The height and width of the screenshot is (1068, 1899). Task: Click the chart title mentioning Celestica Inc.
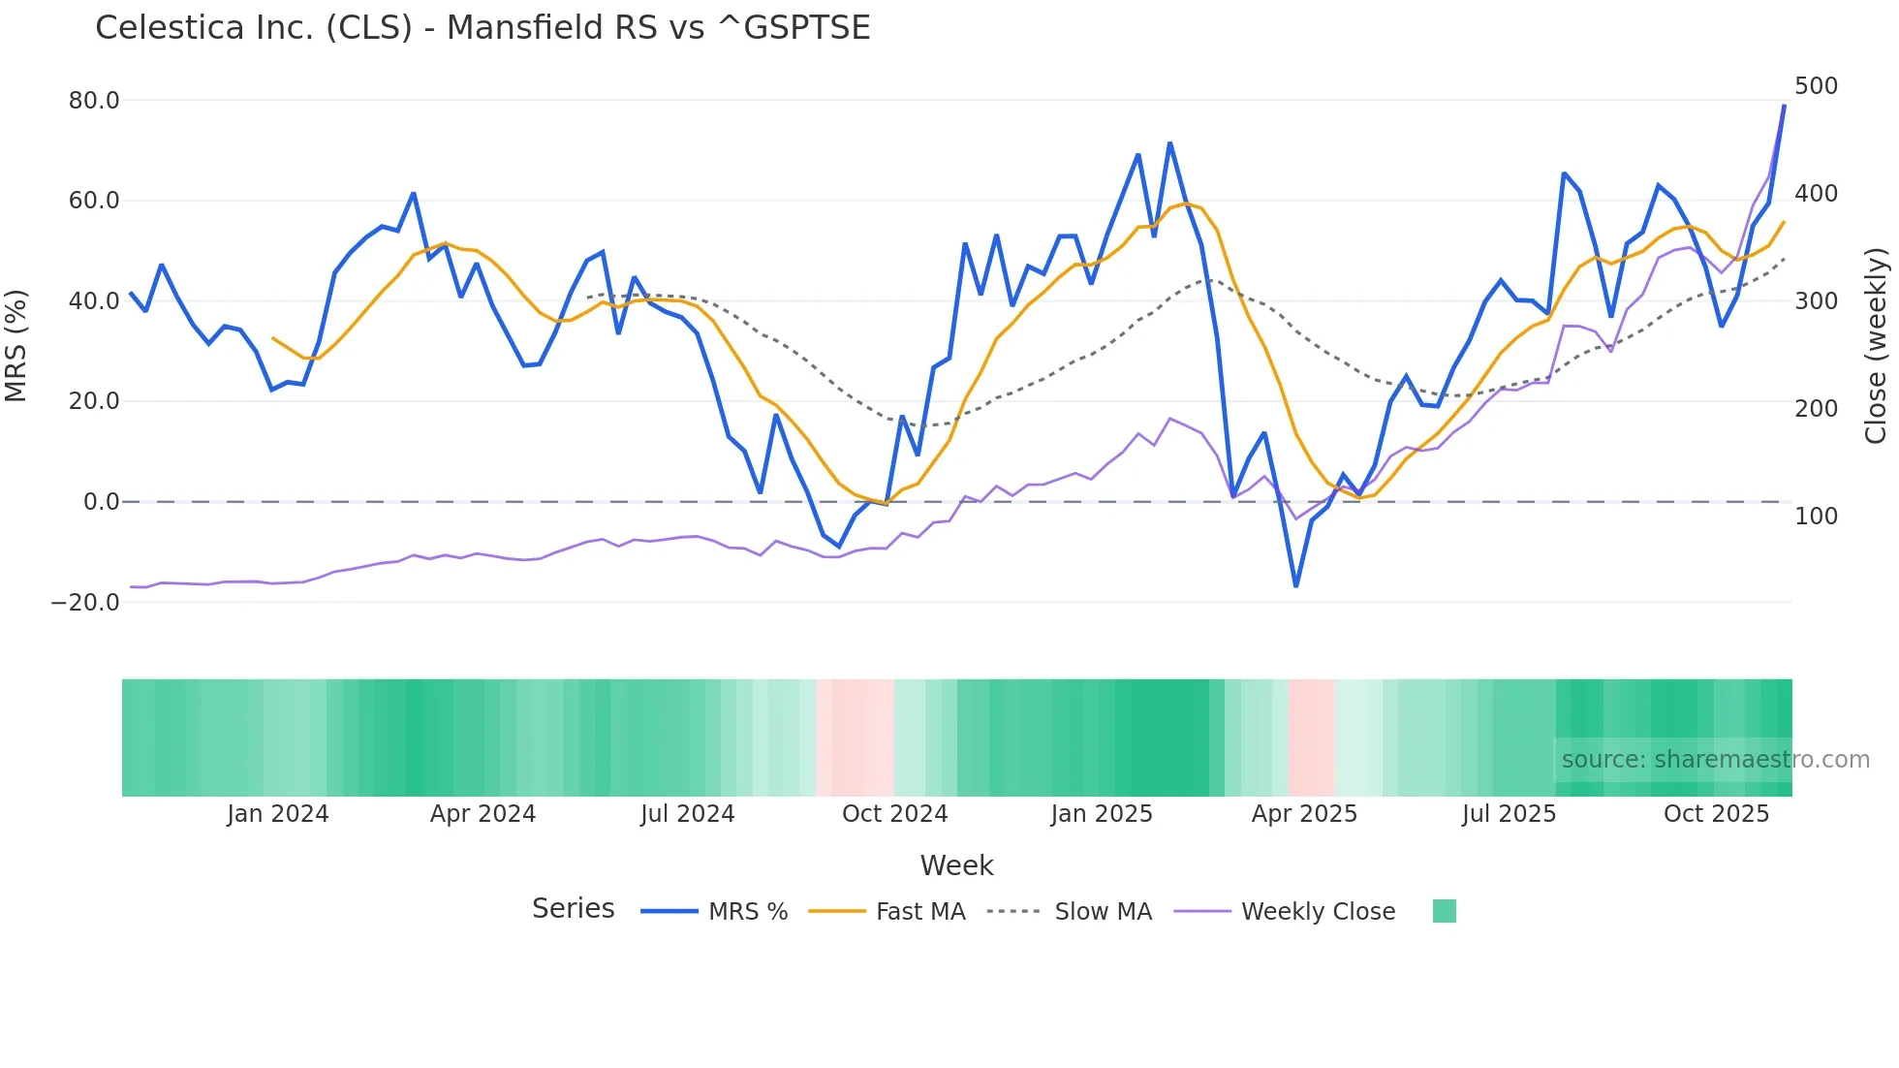(x=483, y=28)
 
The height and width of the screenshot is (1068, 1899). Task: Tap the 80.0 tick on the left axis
(x=94, y=101)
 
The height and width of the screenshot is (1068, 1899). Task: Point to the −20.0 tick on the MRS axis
(x=85, y=602)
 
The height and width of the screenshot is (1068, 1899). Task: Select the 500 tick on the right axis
(x=1816, y=86)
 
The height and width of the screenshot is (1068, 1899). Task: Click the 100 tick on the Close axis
(x=1816, y=517)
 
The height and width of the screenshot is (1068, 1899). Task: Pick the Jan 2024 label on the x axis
(x=278, y=814)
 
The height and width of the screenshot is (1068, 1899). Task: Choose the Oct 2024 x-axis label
(x=894, y=814)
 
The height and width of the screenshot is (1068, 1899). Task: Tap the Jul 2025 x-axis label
(x=1509, y=814)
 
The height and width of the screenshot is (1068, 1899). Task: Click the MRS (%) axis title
(x=16, y=345)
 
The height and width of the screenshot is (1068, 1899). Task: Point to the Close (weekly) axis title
(x=1876, y=345)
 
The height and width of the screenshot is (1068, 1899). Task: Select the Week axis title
(x=956, y=865)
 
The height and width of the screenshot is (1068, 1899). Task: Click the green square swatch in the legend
(x=1444, y=911)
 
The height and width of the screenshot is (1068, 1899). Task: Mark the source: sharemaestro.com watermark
(x=1715, y=760)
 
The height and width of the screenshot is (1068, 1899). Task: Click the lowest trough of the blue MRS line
(x=1295, y=585)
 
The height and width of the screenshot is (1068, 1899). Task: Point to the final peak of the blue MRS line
(x=1784, y=106)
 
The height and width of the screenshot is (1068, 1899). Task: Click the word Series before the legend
(x=573, y=909)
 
